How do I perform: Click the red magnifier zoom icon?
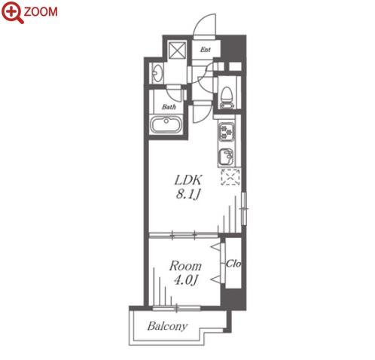tap(12, 13)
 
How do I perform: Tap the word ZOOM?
tap(41, 12)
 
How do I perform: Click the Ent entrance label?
tap(205, 50)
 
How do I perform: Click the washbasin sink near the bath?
tap(157, 74)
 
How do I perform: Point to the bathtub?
tap(166, 125)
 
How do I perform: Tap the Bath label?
tap(169, 107)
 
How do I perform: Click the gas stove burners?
tap(226, 132)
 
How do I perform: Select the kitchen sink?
tap(226, 157)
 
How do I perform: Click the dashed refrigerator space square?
tap(230, 177)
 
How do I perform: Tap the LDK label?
tap(188, 180)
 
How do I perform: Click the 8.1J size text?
tap(188, 194)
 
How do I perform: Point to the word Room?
tap(185, 266)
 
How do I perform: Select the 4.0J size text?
tap(186, 280)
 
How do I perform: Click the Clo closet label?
tap(233, 264)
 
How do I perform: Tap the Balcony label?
tap(167, 326)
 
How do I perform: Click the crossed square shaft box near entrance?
tap(177, 50)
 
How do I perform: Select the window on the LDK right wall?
tap(244, 209)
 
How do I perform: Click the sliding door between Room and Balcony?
tap(177, 308)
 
